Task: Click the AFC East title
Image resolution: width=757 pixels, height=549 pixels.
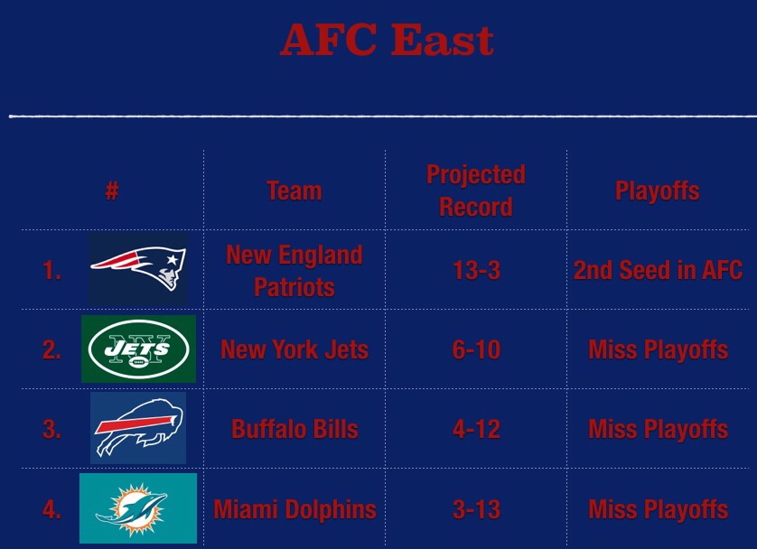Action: pyautogui.click(x=387, y=40)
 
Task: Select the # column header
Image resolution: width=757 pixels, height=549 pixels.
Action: pyautogui.click(x=112, y=191)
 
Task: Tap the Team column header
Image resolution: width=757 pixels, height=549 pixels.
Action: pyautogui.click(x=294, y=191)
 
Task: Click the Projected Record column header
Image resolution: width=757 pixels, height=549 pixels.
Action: pyautogui.click(x=476, y=191)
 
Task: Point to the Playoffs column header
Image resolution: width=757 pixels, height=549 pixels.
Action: pyautogui.click(x=658, y=191)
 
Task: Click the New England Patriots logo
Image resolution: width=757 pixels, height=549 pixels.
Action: pyautogui.click(x=138, y=269)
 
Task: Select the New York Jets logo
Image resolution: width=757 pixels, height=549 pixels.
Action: pyautogui.click(x=138, y=349)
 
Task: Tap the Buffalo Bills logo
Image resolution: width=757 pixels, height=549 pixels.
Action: pyautogui.click(x=138, y=427)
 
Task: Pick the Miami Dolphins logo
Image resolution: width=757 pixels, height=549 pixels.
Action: pyautogui.click(x=138, y=507)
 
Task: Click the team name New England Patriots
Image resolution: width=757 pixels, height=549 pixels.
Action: pyautogui.click(x=294, y=271)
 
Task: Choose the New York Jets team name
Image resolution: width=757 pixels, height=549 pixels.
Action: pyautogui.click(x=294, y=350)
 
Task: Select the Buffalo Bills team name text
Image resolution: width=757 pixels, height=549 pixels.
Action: pyautogui.click(x=294, y=429)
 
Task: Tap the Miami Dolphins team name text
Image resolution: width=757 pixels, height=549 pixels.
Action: pyautogui.click(x=294, y=509)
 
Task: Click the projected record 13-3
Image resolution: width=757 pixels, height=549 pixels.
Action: pyautogui.click(x=476, y=271)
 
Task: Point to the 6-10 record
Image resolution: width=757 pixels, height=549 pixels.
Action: pyautogui.click(x=476, y=350)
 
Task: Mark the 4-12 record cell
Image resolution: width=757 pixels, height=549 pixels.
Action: pyautogui.click(x=476, y=429)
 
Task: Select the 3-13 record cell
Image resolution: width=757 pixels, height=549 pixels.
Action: pyautogui.click(x=476, y=509)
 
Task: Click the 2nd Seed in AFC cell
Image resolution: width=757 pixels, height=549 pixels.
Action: pyautogui.click(x=658, y=271)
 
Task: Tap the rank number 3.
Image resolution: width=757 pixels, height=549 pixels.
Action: pyautogui.click(x=51, y=429)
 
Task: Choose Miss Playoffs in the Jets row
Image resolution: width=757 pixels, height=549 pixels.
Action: pyautogui.click(x=658, y=350)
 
